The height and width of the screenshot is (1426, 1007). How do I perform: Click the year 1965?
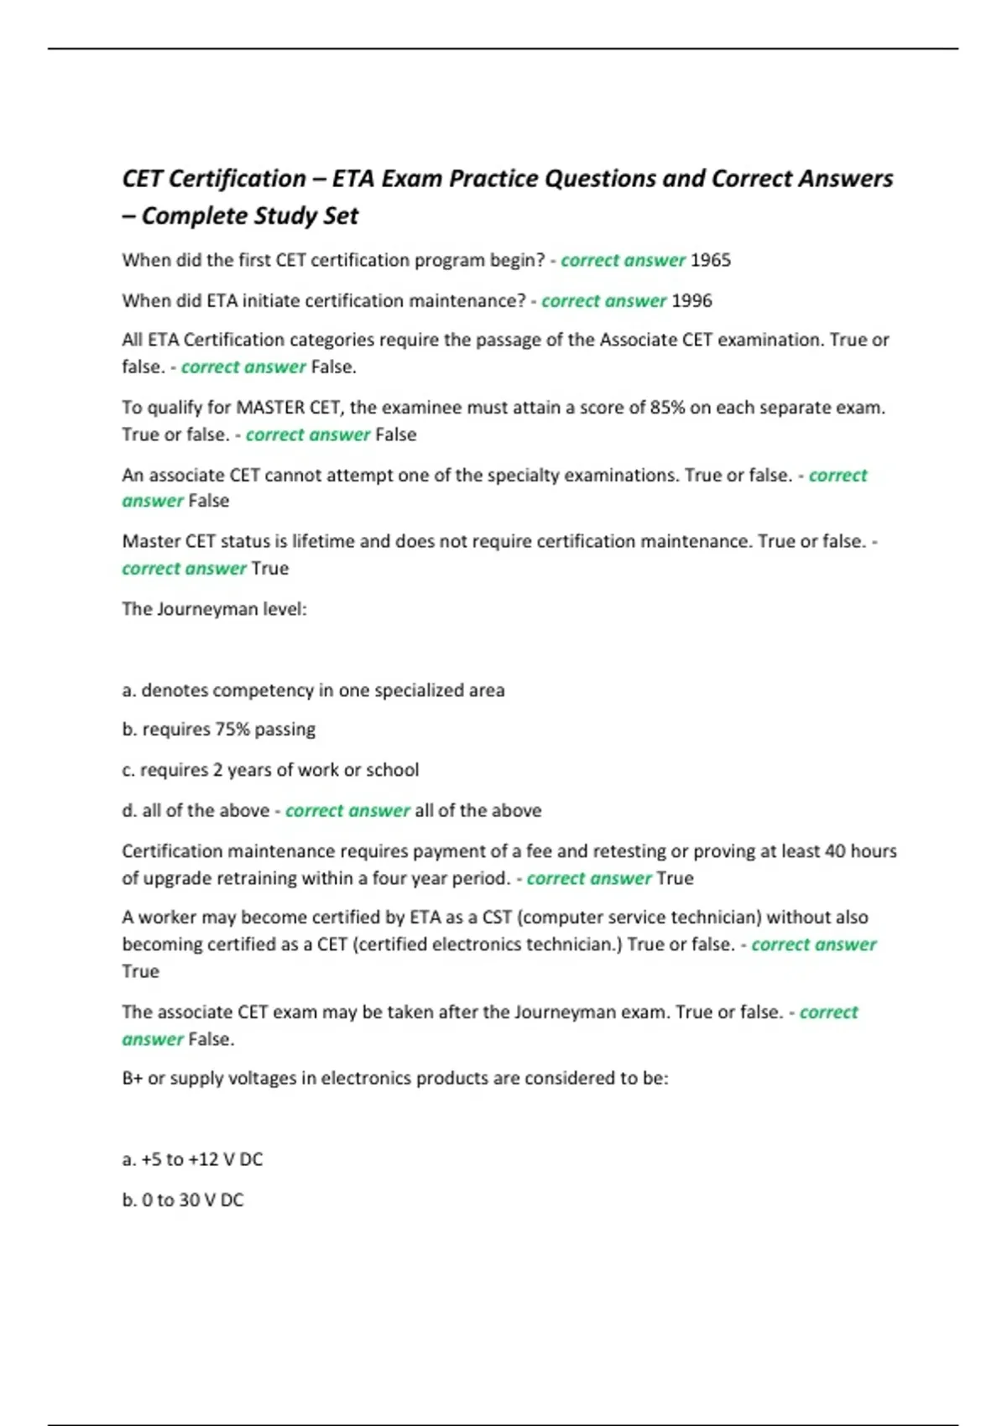click(710, 260)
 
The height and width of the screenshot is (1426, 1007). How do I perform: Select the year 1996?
click(691, 300)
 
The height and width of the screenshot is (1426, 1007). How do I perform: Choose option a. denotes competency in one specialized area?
click(313, 690)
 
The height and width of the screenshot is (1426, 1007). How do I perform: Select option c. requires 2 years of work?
click(270, 770)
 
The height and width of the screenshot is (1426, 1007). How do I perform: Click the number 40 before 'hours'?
click(835, 851)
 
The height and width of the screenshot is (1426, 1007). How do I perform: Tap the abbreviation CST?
click(497, 918)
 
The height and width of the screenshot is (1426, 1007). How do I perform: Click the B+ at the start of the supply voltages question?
click(132, 1079)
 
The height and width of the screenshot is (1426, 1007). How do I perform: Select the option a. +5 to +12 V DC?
click(192, 1159)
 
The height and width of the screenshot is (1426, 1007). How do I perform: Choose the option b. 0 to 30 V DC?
click(183, 1200)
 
